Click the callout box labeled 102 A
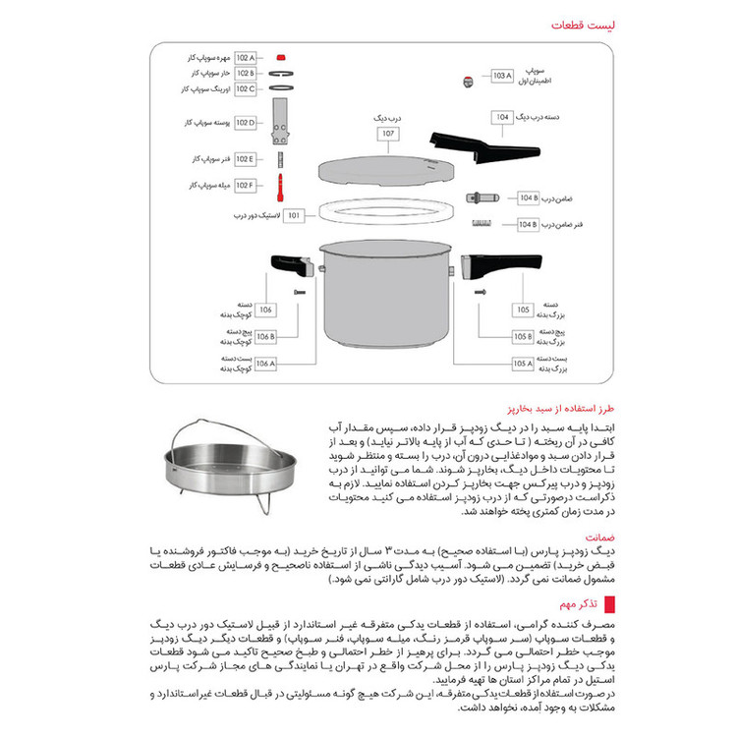point(245,59)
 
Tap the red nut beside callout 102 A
point(281,59)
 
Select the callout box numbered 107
point(388,133)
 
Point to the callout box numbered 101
point(293,215)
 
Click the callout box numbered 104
point(503,118)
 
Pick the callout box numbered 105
point(523,311)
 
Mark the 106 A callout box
point(263,364)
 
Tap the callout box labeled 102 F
point(245,185)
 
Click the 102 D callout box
point(245,123)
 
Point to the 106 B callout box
point(263,337)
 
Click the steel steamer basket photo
point(235,469)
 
